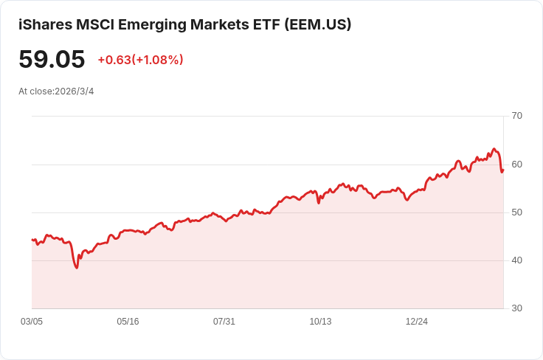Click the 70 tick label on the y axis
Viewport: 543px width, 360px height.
click(x=516, y=116)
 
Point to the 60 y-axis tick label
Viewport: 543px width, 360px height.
click(x=516, y=165)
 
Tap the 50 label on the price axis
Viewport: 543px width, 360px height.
click(x=516, y=212)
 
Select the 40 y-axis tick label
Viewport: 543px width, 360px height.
click(x=516, y=260)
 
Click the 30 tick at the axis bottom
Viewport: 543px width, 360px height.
click(x=516, y=308)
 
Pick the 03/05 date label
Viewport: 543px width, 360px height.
click(x=32, y=322)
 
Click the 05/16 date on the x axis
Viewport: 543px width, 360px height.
click(x=128, y=322)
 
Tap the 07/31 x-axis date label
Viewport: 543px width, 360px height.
click(x=224, y=322)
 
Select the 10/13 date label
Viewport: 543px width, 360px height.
click(x=320, y=322)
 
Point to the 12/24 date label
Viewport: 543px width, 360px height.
click(x=417, y=322)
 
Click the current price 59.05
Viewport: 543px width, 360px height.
click(x=52, y=59)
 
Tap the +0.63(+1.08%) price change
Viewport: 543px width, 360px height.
click(x=141, y=60)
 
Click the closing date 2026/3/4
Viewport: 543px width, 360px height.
click(x=74, y=91)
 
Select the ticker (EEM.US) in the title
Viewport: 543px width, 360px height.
click(x=317, y=24)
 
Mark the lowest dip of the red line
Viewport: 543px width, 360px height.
click(x=77, y=268)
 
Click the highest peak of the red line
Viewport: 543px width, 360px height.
click(x=494, y=149)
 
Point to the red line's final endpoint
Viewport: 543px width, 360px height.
click(x=503, y=170)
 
